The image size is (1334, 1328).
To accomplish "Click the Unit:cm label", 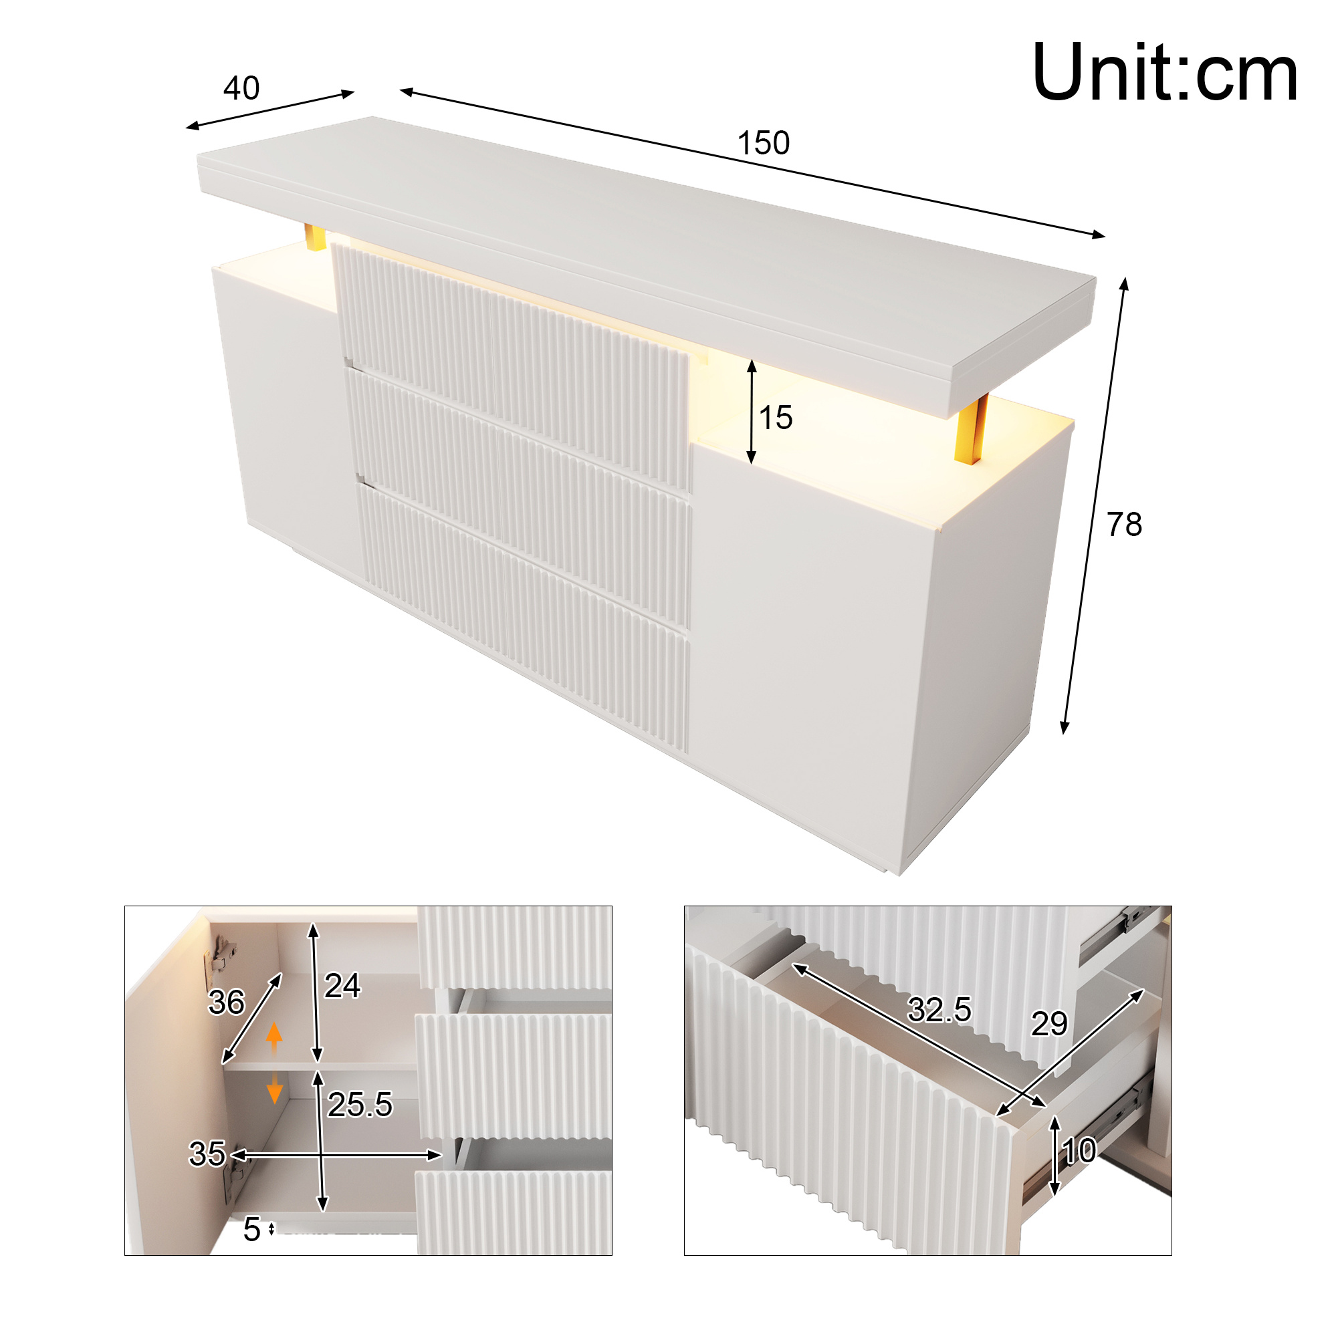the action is (x=1164, y=72).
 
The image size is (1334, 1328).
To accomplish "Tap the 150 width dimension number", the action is (x=763, y=144).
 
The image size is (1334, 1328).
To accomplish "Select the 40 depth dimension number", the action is (x=241, y=88).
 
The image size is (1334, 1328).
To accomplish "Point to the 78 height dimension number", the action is (x=1124, y=525).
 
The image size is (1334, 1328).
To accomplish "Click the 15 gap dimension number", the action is (x=776, y=418).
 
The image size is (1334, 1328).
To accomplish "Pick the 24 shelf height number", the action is (x=342, y=986).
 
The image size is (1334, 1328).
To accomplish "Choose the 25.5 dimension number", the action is (x=360, y=1104).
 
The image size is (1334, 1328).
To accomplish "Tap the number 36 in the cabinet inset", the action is (x=227, y=1003).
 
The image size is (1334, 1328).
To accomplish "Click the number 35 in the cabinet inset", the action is (x=207, y=1154).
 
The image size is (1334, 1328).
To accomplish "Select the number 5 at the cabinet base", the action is (x=251, y=1229).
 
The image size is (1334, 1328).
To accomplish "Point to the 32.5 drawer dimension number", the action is (x=939, y=1010).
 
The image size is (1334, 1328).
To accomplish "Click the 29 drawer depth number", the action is (x=1050, y=1024).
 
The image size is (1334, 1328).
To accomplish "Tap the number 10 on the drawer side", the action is (x=1079, y=1151).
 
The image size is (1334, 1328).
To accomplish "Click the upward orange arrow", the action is (x=274, y=1037).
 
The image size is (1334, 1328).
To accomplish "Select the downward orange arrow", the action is (x=274, y=1088).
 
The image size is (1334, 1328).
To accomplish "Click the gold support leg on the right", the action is (x=971, y=428).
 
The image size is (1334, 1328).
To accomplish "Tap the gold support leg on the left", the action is (x=315, y=237).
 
